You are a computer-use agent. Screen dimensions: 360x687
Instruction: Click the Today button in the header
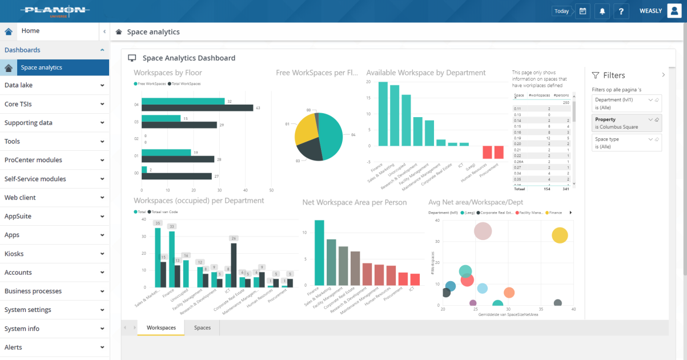[x=561, y=11]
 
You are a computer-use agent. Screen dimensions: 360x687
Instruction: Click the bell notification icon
[x=601, y=11]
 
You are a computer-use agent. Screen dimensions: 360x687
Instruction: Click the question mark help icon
[x=621, y=11]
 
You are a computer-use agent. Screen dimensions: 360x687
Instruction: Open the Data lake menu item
[x=54, y=85]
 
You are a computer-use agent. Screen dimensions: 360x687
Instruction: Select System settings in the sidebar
[x=54, y=310]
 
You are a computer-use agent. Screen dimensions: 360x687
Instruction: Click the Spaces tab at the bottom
[x=202, y=327]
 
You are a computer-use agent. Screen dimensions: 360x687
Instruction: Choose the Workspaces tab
[x=161, y=327]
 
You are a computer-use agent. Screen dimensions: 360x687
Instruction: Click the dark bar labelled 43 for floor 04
[x=197, y=108]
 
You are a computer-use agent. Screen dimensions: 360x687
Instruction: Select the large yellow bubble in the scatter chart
[x=560, y=235]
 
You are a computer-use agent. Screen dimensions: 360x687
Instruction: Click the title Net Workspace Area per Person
[x=354, y=202]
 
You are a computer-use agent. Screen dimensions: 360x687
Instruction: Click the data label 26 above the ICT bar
[x=233, y=238]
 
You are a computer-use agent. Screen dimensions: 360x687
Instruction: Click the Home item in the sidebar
[x=30, y=31]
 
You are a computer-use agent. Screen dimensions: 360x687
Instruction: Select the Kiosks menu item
[x=54, y=254]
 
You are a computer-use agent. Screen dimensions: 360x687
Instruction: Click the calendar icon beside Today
[x=582, y=11]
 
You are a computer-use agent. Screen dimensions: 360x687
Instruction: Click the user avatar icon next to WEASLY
[x=674, y=11]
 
